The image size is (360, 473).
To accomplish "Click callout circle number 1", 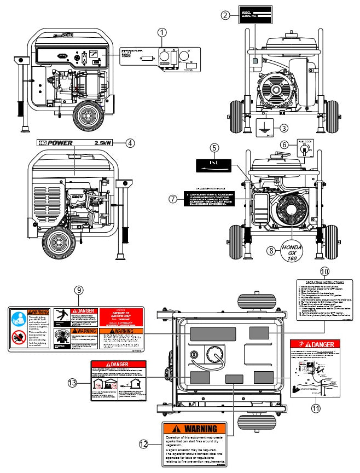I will [162, 32].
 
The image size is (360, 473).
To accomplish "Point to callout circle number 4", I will [130, 143].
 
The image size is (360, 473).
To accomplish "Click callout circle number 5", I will [214, 148].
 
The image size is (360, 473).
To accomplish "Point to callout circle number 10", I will [324, 271].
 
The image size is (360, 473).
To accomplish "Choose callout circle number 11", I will [315, 408].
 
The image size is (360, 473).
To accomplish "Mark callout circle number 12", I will [143, 445].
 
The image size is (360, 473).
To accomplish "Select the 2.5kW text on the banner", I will [103, 143].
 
